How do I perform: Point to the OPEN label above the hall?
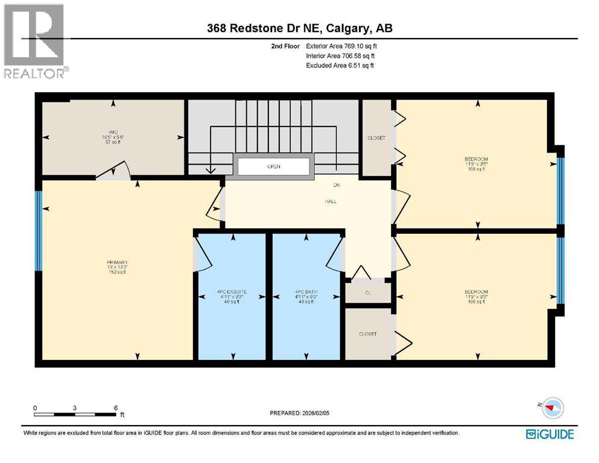(x=274, y=166)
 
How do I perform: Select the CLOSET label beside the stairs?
(x=376, y=138)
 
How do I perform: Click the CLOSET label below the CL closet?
(x=367, y=333)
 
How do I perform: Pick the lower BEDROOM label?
(x=477, y=292)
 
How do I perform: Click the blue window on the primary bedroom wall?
(x=39, y=230)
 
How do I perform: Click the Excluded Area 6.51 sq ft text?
(x=340, y=65)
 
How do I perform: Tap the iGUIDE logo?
(x=550, y=433)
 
